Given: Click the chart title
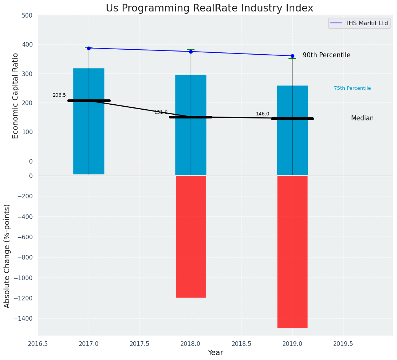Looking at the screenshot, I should click(x=209, y=8).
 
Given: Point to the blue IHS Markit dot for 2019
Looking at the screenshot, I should click(x=292, y=56).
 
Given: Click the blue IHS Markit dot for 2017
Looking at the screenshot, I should click(x=89, y=48).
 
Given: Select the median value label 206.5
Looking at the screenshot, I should click(x=59, y=95).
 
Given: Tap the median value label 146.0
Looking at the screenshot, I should click(x=263, y=114).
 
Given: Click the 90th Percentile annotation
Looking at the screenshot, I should click(x=326, y=55).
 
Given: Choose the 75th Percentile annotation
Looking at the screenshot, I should click(x=352, y=88).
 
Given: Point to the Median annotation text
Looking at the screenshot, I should click(x=362, y=118).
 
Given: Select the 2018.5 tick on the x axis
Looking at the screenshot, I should click(x=241, y=344).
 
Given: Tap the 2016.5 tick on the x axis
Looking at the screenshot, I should click(x=38, y=344).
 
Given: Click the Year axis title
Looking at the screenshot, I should click(x=216, y=353).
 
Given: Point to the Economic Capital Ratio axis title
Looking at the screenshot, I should click(x=16, y=96).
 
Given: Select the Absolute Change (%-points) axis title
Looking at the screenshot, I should click(x=7, y=256).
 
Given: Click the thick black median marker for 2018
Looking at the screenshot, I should click(x=191, y=117).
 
